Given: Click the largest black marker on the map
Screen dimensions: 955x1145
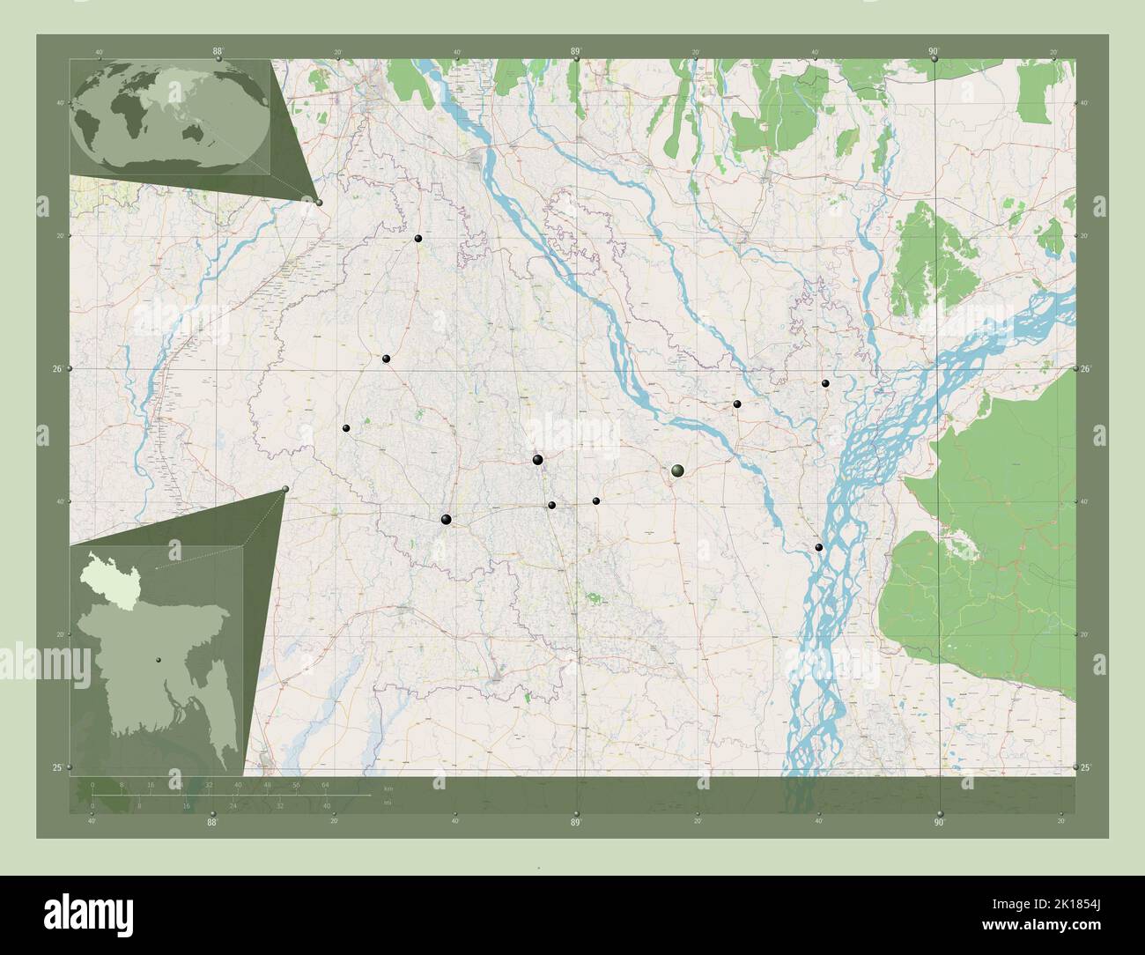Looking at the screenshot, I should pyautogui.click(x=676, y=471).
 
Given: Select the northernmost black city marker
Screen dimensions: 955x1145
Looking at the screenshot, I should pyautogui.click(x=418, y=238).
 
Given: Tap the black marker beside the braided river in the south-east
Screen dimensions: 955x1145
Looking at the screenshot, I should pyautogui.click(x=819, y=547).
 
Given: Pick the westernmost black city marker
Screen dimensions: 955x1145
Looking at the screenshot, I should pyautogui.click(x=346, y=428).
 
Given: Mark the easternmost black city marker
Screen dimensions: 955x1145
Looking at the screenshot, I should pyautogui.click(x=825, y=383).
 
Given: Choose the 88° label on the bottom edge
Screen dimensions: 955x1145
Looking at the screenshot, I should pyautogui.click(x=212, y=823).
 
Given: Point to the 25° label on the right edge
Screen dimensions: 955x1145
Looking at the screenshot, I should pyautogui.click(x=1087, y=769).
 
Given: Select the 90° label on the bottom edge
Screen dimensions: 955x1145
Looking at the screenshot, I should pyautogui.click(x=939, y=823).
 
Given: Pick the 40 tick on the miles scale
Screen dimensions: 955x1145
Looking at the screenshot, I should pyautogui.click(x=327, y=805).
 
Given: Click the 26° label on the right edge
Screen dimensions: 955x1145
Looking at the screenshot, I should pyautogui.click(x=1087, y=368).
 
